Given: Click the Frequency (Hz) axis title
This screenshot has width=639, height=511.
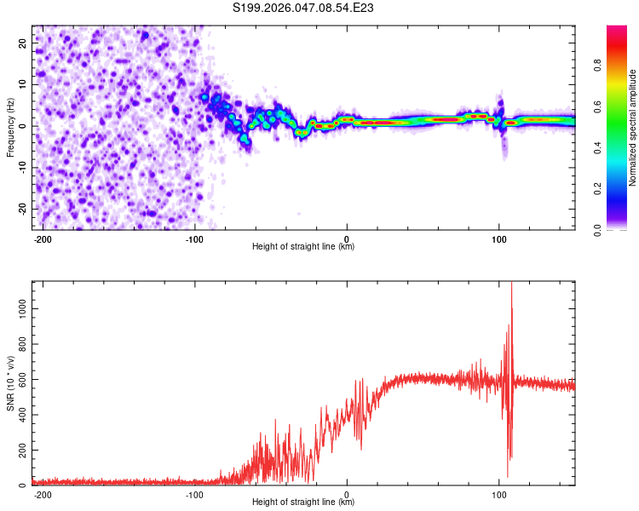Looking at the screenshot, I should [10, 127].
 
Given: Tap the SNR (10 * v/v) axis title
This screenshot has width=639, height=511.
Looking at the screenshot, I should [10, 382].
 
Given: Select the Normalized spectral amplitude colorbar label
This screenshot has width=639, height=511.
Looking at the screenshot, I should [633, 127].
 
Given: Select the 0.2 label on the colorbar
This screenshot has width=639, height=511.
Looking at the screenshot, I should [622, 188].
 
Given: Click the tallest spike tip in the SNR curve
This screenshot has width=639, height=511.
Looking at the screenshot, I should [511, 284].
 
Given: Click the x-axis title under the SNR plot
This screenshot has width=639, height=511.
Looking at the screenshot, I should [303, 502].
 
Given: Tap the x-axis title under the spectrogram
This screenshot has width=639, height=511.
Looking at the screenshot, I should [303, 247].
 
